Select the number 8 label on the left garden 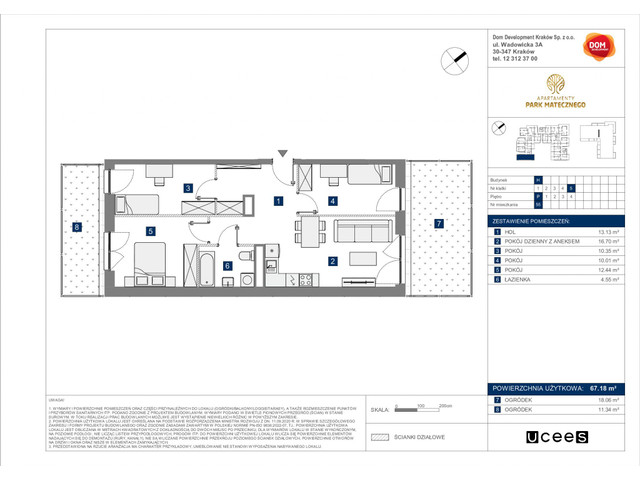coord(76,227)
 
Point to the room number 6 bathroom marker coord(228,265)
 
